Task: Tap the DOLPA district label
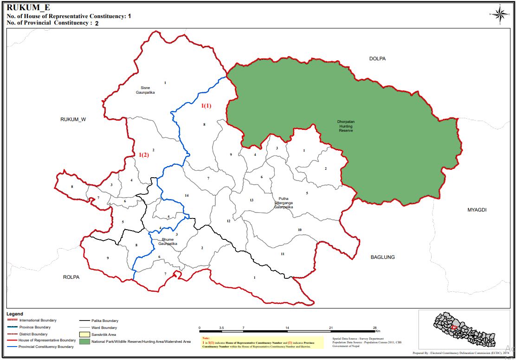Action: point(377,59)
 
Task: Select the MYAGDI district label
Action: point(477,210)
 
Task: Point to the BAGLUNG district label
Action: point(382,257)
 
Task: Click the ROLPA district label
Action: point(71,277)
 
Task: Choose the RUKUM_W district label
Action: point(73,119)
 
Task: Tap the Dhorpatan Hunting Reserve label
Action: point(346,126)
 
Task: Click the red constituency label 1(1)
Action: point(206,106)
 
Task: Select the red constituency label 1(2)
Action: point(144,155)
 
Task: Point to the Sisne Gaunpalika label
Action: point(145,90)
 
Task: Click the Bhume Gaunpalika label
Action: point(167,241)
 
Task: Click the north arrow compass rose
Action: point(500,14)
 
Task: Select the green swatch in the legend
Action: point(84,341)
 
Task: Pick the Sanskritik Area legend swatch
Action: point(84,334)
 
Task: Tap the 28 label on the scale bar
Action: point(374,328)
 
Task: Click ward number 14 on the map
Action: point(187,195)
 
